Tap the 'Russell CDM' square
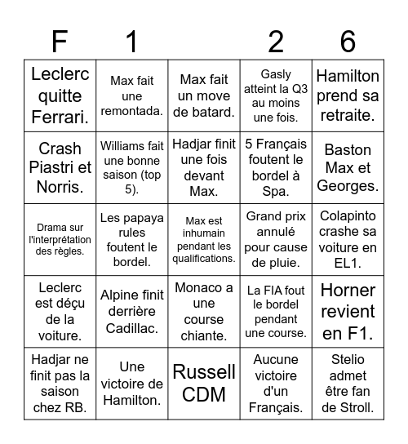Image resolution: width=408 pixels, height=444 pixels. [204, 384]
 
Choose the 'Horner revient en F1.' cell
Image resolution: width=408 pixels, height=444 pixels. [348, 312]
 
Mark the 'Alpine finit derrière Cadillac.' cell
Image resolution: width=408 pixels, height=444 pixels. [131, 312]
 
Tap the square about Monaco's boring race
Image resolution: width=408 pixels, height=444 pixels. [204, 312]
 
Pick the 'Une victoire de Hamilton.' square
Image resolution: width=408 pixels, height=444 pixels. [131, 384]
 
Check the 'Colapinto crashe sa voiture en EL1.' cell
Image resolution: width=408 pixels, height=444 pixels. [348, 240]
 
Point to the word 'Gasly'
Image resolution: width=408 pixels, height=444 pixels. [276, 74]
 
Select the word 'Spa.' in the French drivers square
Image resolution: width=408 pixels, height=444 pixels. [276, 191]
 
